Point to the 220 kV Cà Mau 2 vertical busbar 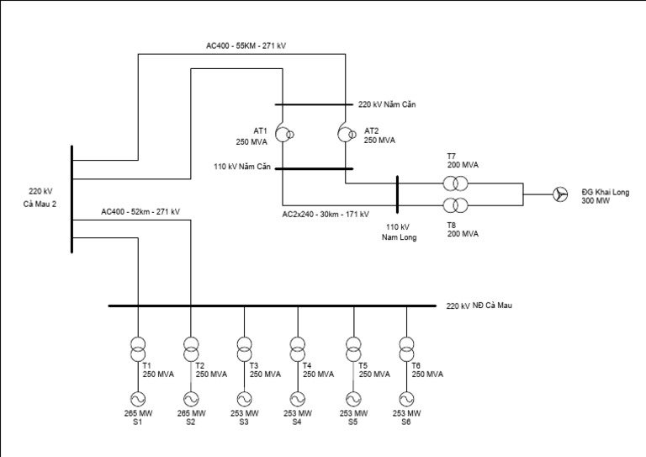(72, 199)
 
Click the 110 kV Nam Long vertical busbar (396, 195)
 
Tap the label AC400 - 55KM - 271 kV (250, 44)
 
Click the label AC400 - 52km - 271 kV (140, 211)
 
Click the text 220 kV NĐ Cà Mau (479, 306)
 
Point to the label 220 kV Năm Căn (387, 105)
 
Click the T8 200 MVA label (463, 229)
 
